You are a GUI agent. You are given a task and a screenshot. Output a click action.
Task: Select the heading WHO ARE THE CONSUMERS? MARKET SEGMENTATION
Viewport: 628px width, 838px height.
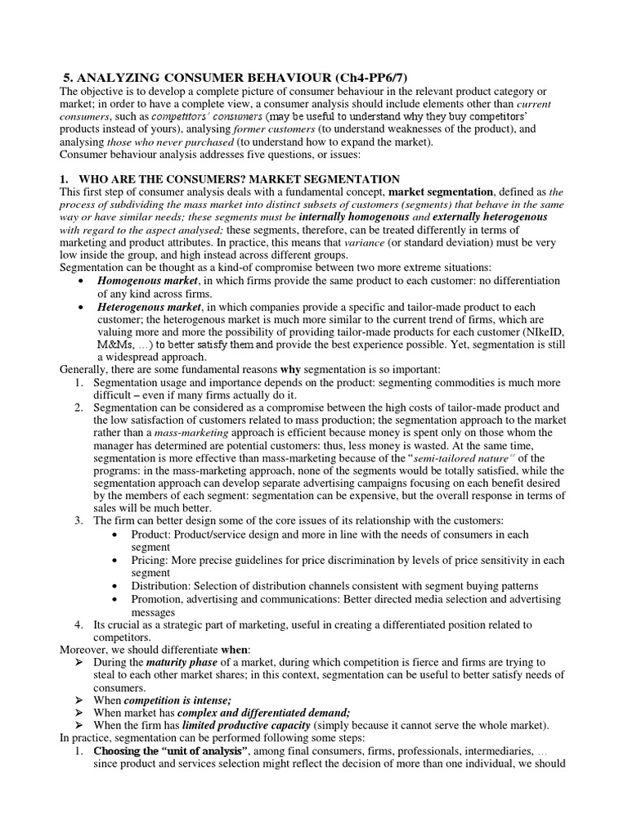click(x=237, y=178)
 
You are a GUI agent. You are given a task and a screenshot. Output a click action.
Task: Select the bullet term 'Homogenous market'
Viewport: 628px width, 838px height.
click(x=150, y=281)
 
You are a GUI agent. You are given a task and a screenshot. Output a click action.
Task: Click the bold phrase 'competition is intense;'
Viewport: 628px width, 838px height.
click(x=179, y=700)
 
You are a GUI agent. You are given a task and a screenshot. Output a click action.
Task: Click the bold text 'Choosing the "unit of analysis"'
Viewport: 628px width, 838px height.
click(x=170, y=750)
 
